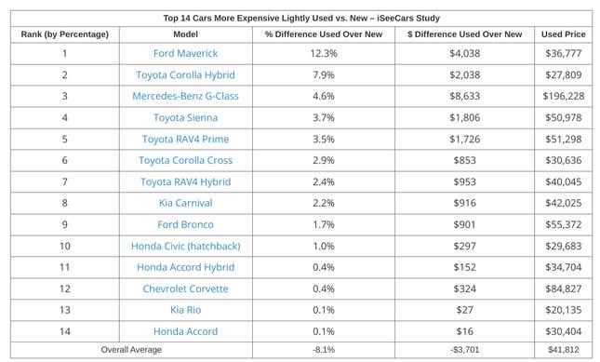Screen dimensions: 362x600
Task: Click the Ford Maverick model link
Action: pos(186,53)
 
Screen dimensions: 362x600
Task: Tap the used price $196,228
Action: pos(565,96)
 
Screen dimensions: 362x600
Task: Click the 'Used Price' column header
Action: pos(565,34)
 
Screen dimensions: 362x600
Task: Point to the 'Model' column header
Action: pos(186,34)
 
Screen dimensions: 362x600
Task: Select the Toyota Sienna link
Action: pos(186,117)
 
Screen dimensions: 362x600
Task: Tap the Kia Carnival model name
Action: pos(186,203)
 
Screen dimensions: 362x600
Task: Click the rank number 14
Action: pos(65,331)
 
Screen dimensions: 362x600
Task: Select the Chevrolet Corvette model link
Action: pos(186,288)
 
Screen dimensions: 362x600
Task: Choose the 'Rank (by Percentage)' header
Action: pos(65,34)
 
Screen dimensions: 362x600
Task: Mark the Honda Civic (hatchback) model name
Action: pos(186,246)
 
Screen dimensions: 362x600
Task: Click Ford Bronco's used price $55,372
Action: pos(565,224)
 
